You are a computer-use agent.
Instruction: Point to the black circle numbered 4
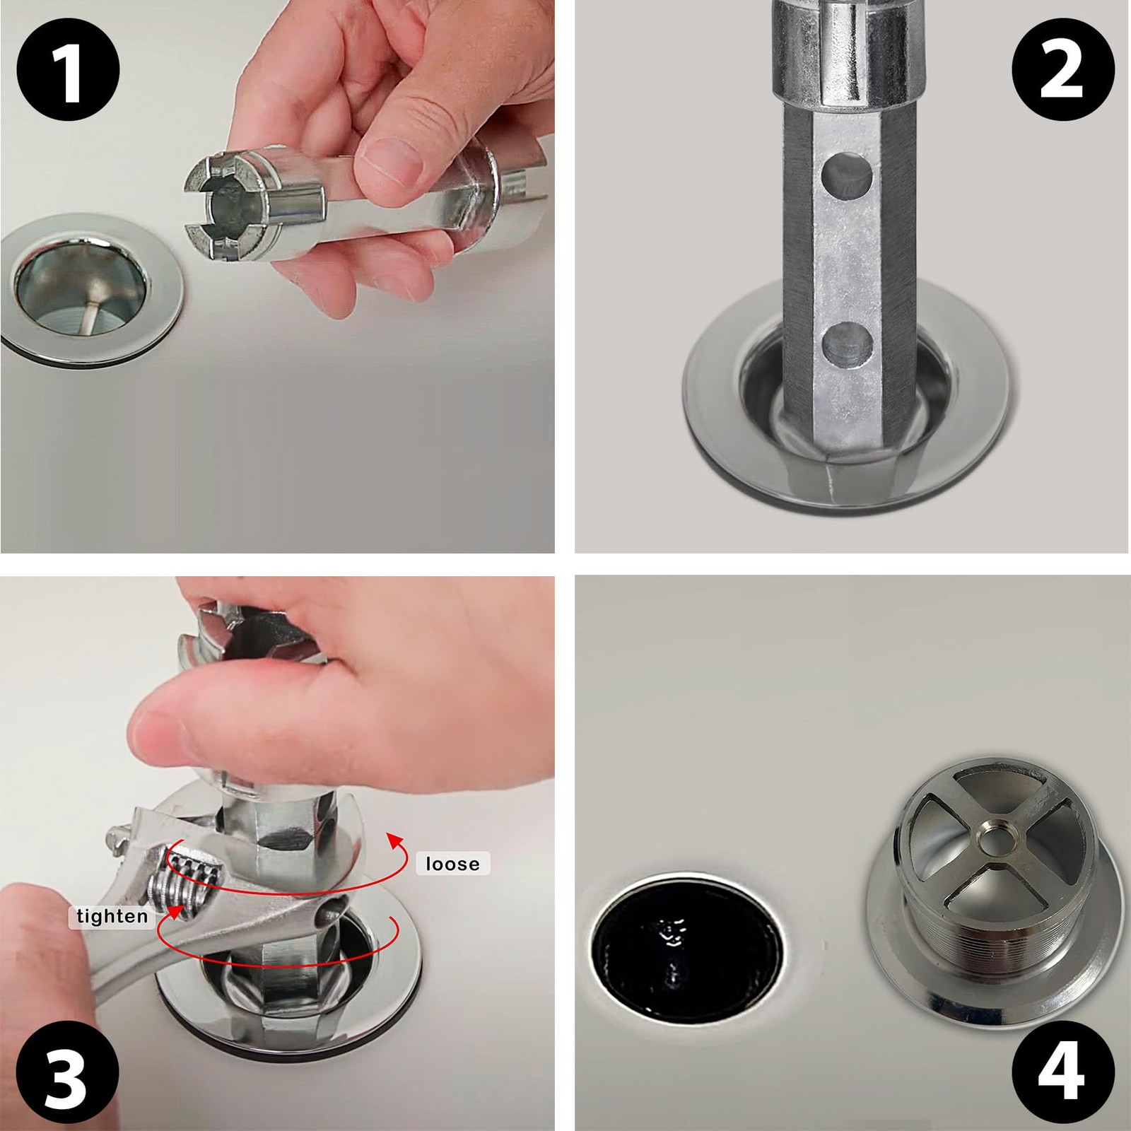pyautogui.click(x=1062, y=1062)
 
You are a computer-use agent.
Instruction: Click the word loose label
pyautogui.click(x=452, y=864)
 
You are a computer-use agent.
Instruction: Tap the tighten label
pyautogui.click(x=112, y=917)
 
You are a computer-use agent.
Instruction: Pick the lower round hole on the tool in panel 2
pyautogui.click(x=847, y=345)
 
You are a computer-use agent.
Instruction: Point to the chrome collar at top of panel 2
pyautogui.click(x=848, y=53)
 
